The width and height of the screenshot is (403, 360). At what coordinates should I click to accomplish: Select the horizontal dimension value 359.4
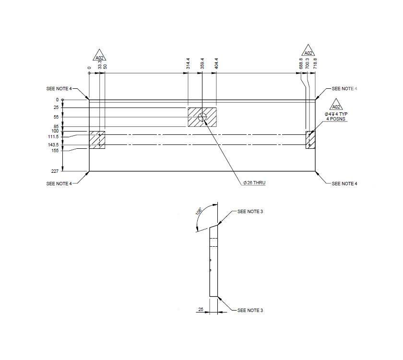click(202, 64)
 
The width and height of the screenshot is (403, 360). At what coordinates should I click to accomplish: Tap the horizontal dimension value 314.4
click(188, 64)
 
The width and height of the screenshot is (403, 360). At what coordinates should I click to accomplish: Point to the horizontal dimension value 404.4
click(217, 64)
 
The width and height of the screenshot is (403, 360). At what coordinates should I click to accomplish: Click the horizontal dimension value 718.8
click(315, 64)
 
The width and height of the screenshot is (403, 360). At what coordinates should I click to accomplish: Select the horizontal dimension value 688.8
click(301, 64)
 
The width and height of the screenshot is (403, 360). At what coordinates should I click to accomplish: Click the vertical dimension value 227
click(56, 171)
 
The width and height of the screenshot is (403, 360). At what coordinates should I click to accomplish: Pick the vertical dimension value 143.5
click(53, 145)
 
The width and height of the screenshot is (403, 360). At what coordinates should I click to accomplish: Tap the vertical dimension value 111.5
click(53, 136)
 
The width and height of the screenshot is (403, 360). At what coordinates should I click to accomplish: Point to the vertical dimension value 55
click(56, 117)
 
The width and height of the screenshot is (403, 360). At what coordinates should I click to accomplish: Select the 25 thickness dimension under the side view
click(201, 310)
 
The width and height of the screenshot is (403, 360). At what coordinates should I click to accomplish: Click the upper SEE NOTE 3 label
click(250, 212)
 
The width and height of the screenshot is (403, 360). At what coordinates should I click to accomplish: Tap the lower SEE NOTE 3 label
click(250, 311)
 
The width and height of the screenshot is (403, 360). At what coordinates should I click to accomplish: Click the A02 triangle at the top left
click(99, 56)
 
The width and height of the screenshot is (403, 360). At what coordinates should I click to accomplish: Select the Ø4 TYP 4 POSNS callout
click(336, 116)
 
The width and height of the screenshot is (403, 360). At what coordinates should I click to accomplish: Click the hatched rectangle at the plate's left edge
click(97, 140)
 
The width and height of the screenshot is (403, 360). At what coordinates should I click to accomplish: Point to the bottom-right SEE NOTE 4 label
click(344, 184)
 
